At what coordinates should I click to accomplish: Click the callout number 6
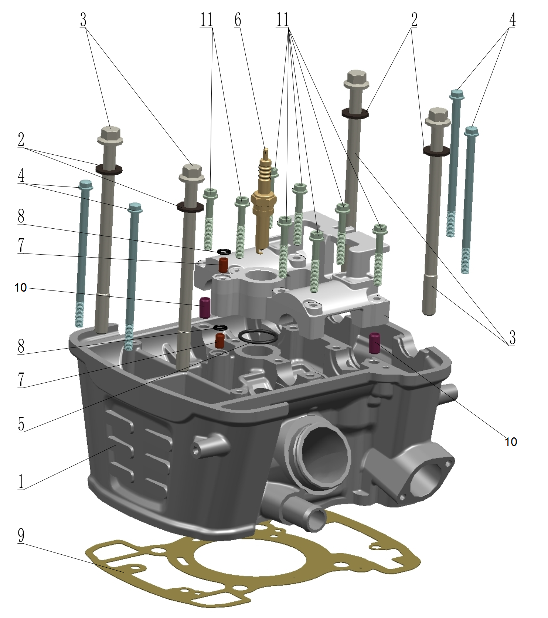(x=238, y=20)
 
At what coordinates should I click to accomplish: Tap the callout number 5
(x=21, y=424)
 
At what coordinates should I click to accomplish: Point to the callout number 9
(x=21, y=535)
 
